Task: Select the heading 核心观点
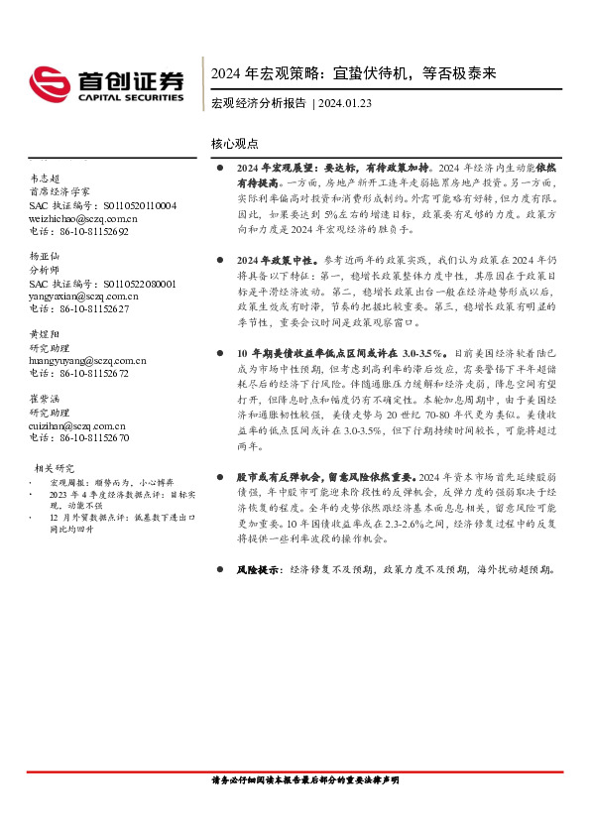pyautogui.click(x=235, y=144)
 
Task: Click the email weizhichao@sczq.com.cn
pyautogui.click(x=82, y=218)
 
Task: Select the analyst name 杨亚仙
pyautogui.click(x=45, y=255)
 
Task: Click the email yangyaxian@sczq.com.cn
pyautogui.click(x=83, y=296)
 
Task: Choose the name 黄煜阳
pyautogui.click(x=45, y=334)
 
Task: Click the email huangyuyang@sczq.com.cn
pyautogui.click(x=87, y=361)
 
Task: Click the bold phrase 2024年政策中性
pyautogui.click(x=275, y=258)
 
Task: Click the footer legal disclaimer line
pyautogui.click(x=305, y=780)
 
